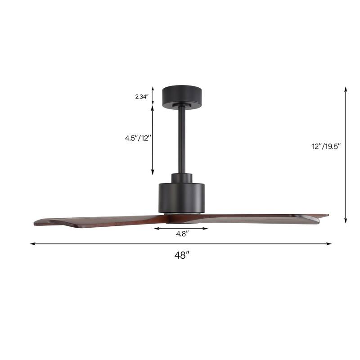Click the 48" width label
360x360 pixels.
(x=181, y=255)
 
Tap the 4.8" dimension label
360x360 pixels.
(x=181, y=234)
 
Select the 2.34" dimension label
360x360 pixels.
(x=141, y=96)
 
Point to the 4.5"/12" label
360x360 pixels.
(x=138, y=139)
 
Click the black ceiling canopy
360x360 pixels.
(x=182, y=95)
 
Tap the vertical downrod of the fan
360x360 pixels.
(x=182, y=139)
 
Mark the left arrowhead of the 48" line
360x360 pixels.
(x=32, y=244)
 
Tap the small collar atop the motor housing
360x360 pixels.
(x=182, y=177)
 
